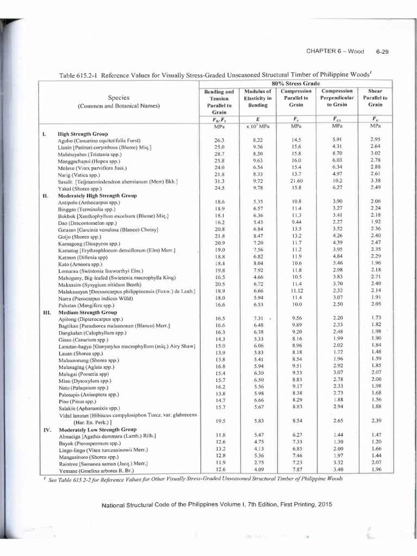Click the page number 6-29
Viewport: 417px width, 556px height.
[384, 52]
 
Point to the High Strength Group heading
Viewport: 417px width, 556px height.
[83, 133]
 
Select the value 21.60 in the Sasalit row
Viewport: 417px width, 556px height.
[296, 181]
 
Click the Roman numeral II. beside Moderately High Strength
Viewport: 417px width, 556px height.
[46, 195]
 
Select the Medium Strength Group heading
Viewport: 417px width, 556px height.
[87, 313]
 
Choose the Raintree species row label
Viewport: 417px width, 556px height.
[103, 464]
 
